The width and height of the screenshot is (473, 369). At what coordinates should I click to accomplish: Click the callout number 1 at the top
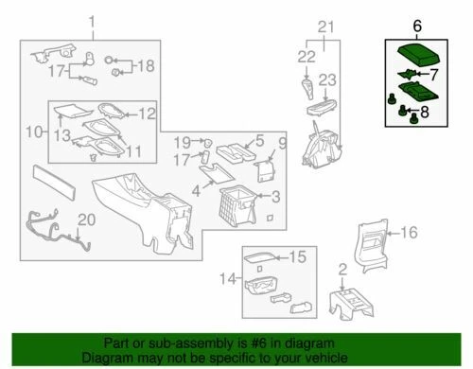pyautogui.click(x=93, y=22)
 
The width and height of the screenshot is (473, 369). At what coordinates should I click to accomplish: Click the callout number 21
pyautogui.click(x=325, y=27)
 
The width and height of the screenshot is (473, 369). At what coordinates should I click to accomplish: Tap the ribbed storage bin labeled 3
pyautogui.click(x=235, y=202)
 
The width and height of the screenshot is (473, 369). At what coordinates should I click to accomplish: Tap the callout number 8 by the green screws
pyautogui.click(x=424, y=112)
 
